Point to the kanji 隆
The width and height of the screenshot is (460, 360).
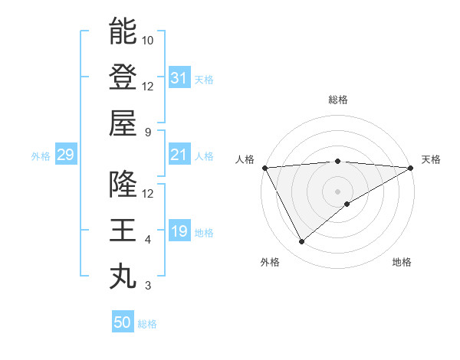123,185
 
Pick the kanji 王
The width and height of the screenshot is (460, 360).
123,231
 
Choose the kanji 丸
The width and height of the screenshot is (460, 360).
123,277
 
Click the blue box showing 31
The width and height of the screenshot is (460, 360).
179,77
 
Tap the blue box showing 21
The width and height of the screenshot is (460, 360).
179,155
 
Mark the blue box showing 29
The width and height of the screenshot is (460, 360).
65,155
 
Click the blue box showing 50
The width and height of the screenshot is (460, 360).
123,322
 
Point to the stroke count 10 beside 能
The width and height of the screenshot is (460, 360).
148,40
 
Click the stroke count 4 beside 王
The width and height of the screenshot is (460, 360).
148,240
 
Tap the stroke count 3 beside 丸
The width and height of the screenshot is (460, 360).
148,286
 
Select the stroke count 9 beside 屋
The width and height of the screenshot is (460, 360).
148,132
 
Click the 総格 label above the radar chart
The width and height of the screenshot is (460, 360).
338,100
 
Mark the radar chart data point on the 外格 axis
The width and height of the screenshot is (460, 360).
301,242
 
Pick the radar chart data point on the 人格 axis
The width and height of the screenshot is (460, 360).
264,168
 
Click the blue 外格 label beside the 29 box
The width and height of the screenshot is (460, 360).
41,156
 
